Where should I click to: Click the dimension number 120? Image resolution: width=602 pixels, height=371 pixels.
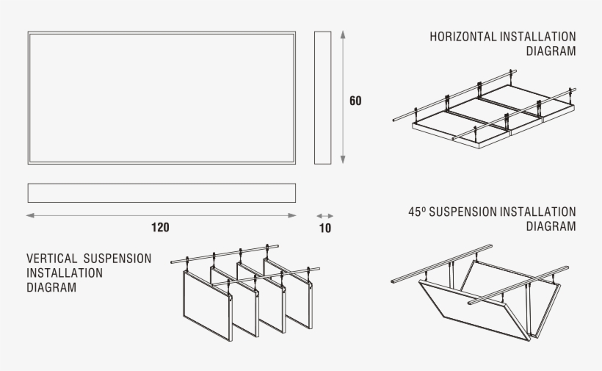pos(160,227)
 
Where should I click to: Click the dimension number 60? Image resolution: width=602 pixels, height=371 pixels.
pos(355,101)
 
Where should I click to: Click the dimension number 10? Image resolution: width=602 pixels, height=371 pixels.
pos(325,228)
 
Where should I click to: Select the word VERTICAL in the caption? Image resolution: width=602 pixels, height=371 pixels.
pos(52,259)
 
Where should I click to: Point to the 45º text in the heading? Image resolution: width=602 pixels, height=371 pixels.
pos(417,212)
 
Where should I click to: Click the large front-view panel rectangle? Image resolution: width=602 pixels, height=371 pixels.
pos(162,98)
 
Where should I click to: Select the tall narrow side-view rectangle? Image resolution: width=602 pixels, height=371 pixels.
pos(322,98)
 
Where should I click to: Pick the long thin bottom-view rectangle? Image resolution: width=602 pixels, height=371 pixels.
pos(162,192)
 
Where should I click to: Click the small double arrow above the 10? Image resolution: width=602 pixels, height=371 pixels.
pos(324,215)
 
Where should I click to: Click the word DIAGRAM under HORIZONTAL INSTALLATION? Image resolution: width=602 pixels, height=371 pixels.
pos(551,51)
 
